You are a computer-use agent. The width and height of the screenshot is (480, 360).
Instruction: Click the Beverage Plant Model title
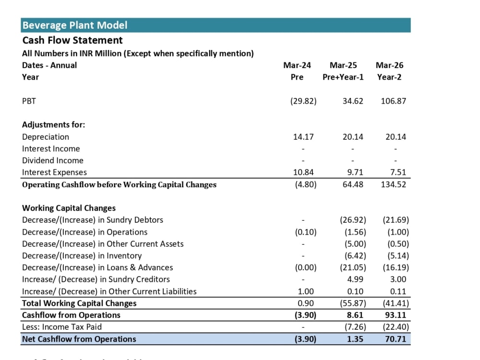point(75,25)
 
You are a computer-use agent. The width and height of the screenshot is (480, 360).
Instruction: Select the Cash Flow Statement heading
point(72,40)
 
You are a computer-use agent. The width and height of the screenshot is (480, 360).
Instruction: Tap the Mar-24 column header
point(297,65)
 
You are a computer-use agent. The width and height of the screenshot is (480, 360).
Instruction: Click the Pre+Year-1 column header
point(343,77)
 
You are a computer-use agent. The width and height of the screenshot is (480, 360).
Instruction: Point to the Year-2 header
point(389,77)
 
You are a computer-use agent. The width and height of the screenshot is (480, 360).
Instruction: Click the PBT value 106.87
point(394,101)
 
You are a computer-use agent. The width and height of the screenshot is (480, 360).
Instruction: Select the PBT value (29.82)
point(303,101)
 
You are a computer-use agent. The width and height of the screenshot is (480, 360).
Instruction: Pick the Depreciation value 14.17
point(303,137)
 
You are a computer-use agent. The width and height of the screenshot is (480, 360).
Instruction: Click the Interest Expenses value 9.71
point(355,172)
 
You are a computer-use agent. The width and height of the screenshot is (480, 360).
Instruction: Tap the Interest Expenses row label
point(55,172)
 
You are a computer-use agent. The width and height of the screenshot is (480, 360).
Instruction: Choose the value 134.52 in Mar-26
point(394,185)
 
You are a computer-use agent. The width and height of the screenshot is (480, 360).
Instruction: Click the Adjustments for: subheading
point(54,125)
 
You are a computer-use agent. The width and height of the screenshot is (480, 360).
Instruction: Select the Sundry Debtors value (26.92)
point(353,220)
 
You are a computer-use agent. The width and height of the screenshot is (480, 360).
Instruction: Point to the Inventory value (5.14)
point(398,256)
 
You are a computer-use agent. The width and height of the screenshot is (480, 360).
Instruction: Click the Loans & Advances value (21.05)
point(353,267)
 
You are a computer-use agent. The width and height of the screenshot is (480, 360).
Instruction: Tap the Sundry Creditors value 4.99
point(355,279)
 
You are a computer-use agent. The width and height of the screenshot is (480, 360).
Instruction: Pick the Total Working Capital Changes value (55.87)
point(353,303)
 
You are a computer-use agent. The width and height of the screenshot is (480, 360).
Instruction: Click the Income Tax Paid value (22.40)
point(396,327)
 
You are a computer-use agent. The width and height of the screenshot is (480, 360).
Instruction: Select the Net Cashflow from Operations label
point(79,339)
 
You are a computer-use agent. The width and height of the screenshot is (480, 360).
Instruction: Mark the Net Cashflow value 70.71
point(396,339)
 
